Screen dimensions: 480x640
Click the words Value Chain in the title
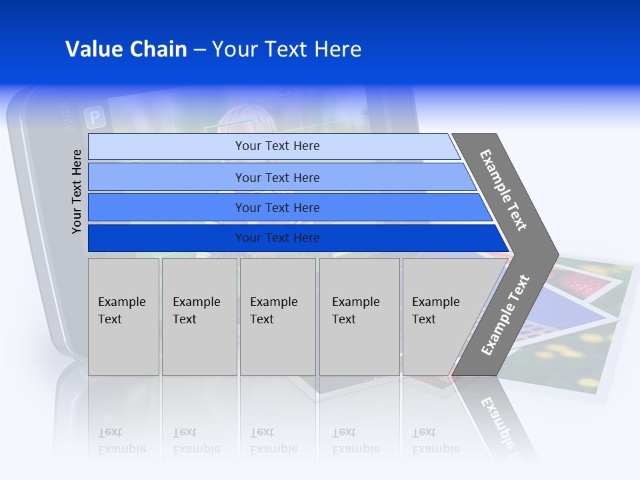point(126,49)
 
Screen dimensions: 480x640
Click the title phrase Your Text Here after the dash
point(287,49)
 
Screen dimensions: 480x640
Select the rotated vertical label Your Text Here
point(77,191)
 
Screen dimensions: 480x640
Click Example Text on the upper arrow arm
point(503,190)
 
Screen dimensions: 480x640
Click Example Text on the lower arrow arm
point(505,315)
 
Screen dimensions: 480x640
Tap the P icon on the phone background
point(95,119)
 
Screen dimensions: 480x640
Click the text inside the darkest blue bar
point(277,238)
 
